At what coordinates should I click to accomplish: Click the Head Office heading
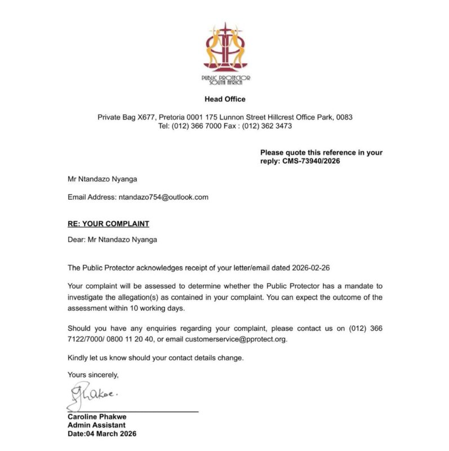(x=225, y=99)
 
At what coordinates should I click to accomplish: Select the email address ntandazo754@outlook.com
(x=163, y=197)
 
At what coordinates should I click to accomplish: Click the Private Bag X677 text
(x=125, y=117)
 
